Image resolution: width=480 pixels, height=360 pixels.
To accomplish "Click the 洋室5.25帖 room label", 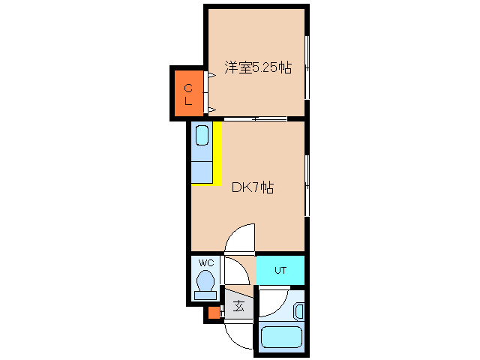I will (x=257, y=67).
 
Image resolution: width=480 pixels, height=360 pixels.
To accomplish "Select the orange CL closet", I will (x=188, y=94).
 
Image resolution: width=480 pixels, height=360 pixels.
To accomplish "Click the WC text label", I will (x=205, y=263).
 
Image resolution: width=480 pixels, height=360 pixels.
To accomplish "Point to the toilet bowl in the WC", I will (x=205, y=282).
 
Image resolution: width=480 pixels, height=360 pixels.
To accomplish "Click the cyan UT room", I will (x=280, y=270).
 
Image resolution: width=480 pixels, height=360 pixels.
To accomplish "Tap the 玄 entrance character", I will (x=238, y=306).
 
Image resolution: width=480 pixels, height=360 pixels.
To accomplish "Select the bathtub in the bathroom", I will (x=280, y=338).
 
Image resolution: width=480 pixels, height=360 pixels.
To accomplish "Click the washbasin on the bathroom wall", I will (x=298, y=310).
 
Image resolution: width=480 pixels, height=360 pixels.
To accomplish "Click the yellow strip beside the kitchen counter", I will (x=217, y=153).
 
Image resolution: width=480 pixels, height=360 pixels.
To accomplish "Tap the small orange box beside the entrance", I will (x=213, y=313).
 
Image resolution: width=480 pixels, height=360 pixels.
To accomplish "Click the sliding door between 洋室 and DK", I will (x=255, y=118).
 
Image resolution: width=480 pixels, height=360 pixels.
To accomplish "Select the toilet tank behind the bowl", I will (x=205, y=295).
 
